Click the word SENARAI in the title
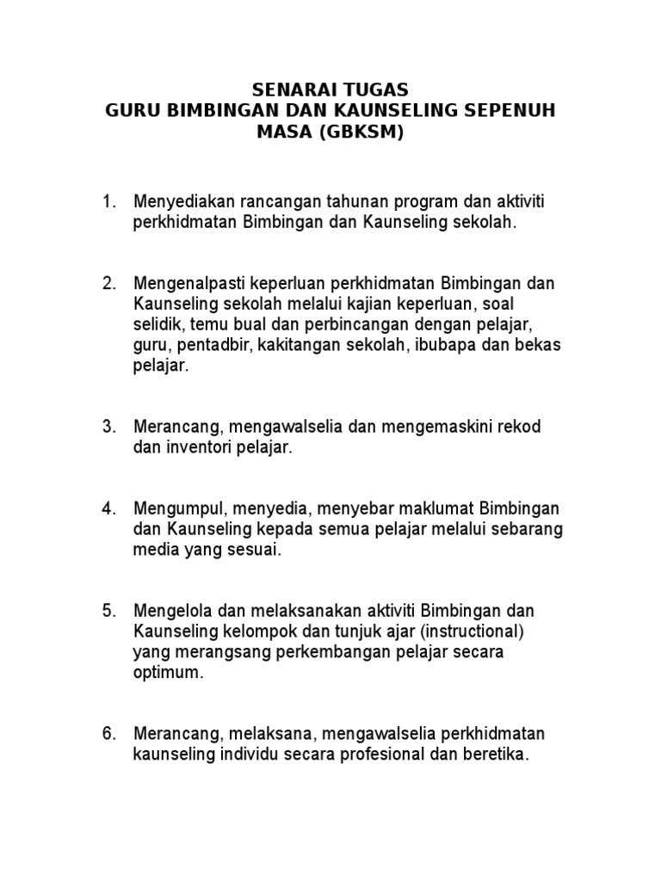[288, 89]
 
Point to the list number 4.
[108, 508]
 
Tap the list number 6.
[108, 734]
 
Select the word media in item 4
[153, 550]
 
